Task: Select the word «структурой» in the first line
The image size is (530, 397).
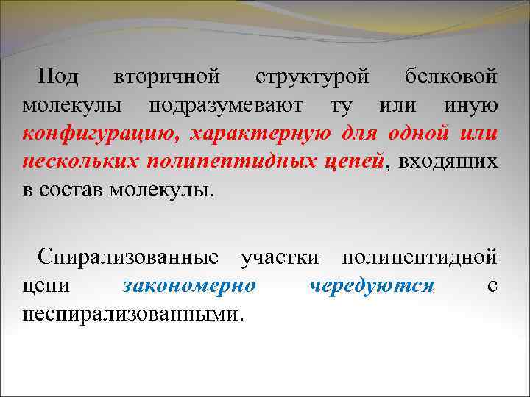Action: coord(314,76)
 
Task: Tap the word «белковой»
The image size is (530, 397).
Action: coord(451,76)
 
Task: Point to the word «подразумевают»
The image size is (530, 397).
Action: coord(225,105)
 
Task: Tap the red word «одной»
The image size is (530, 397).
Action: coord(416,133)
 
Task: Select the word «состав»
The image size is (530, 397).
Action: coord(69,190)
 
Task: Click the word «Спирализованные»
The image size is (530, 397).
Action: coord(128,258)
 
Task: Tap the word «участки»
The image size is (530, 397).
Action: coord(280,258)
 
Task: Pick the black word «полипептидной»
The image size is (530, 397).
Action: coord(419,258)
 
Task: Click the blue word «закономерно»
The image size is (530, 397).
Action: coord(189,286)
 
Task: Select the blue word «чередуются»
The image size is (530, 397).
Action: coord(372,286)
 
